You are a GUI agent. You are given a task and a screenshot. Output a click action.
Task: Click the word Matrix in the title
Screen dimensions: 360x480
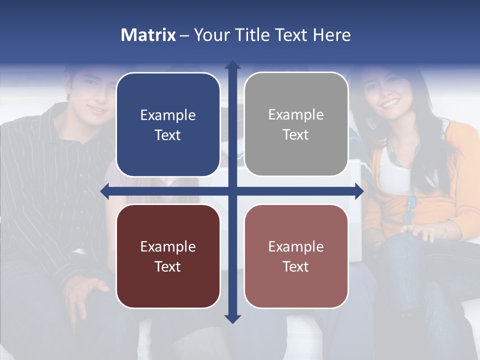tap(148, 35)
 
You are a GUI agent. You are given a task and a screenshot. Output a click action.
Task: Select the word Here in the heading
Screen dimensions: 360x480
tap(332, 35)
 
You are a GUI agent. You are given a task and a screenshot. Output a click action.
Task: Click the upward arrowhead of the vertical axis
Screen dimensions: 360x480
tap(232, 64)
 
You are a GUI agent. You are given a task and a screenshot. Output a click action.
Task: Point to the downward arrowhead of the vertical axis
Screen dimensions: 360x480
tap(232, 318)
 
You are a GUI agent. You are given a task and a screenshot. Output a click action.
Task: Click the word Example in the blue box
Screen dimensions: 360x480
tap(168, 115)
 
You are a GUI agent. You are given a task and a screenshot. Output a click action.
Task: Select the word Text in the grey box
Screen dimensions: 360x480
tap(296, 135)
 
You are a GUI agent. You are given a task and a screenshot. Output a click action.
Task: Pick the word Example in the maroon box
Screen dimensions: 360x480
tap(168, 247)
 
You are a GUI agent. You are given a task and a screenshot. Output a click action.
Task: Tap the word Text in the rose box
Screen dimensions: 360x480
tap(296, 266)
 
